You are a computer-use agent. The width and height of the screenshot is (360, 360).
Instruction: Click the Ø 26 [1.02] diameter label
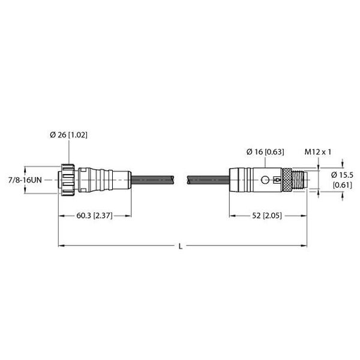point(68,135)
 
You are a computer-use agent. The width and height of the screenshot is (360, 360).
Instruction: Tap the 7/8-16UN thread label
point(25,180)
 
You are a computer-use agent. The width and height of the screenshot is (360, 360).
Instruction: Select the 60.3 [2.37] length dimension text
point(94,215)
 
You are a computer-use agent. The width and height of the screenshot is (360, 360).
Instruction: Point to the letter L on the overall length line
point(181,247)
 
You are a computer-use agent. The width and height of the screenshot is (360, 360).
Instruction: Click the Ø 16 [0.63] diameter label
point(265,152)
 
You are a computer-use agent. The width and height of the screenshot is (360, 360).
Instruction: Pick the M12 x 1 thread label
point(318,152)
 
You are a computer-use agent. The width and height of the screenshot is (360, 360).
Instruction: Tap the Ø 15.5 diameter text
point(342,175)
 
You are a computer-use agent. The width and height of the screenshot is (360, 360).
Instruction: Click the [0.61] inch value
point(343,185)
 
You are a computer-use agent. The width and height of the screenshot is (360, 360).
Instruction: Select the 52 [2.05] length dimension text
point(267,215)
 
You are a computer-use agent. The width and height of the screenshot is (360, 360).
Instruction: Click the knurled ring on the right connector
point(287,180)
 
